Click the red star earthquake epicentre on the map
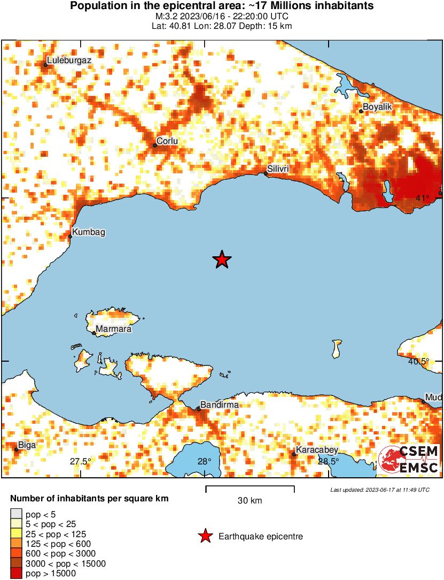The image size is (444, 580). [222, 260]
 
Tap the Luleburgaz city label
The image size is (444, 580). [68, 60]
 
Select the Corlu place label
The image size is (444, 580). [167, 141]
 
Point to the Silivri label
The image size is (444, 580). [278, 169]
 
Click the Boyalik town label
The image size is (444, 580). [377, 107]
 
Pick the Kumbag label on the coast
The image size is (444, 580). [89, 232]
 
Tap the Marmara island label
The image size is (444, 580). [113, 329]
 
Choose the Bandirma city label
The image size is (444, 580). [219, 405]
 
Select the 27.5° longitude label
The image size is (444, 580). [80, 462]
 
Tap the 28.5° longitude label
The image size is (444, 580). [328, 462]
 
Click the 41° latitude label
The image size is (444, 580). [422, 199]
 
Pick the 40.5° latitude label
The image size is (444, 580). [418, 362]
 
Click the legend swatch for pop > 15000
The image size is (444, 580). [17, 574]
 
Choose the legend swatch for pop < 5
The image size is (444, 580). [17, 514]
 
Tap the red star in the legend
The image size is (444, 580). [205, 536]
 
